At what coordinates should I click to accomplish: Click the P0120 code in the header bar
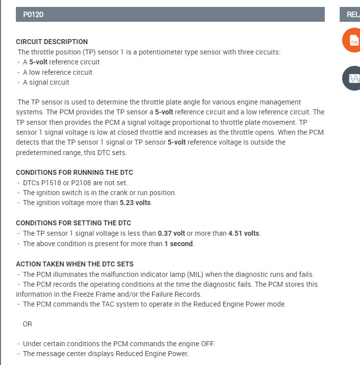pyautogui.click(x=33, y=14)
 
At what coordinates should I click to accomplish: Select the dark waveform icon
pyautogui.click(x=353, y=78)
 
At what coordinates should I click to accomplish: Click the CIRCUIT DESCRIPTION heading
pyautogui.click(x=52, y=42)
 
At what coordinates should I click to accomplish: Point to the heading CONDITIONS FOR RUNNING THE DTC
pyautogui.click(x=74, y=172)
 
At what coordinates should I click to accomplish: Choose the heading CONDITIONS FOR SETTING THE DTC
pyautogui.click(x=73, y=223)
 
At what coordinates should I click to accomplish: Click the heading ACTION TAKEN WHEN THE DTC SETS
pyautogui.click(x=74, y=264)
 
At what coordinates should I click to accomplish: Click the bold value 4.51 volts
pyautogui.click(x=244, y=233)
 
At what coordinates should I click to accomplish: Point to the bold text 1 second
pyautogui.click(x=179, y=244)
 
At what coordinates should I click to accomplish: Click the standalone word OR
pyautogui.click(x=27, y=324)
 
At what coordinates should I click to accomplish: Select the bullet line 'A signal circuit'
pyautogui.click(x=46, y=83)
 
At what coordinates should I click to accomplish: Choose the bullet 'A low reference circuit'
pyautogui.click(x=58, y=72)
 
